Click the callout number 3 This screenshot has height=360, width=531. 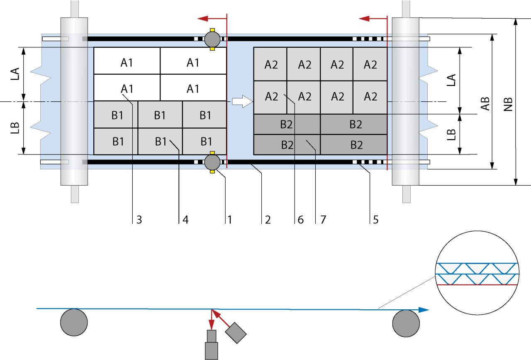(x=139, y=220)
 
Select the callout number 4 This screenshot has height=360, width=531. (x=185, y=220)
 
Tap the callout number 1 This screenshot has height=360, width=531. (x=229, y=220)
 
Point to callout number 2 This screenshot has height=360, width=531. (x=268, y=220)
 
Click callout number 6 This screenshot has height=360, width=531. (x=301, y=220)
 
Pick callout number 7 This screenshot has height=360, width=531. (x=322, y=220)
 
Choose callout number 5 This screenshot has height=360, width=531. (x=375, y=220)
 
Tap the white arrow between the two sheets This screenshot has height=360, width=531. (x=242, y=101)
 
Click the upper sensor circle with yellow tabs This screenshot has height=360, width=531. (x=212, y=39)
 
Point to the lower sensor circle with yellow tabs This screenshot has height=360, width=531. (x=212, y=162)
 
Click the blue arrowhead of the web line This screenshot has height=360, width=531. (x=423, y=310)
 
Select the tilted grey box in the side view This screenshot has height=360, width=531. (x=236, y=333)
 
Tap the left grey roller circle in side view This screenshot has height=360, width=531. (x=74, y=322)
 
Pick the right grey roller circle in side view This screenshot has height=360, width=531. (x=406, y=323)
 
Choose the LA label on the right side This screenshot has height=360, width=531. (x=451, y=81)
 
